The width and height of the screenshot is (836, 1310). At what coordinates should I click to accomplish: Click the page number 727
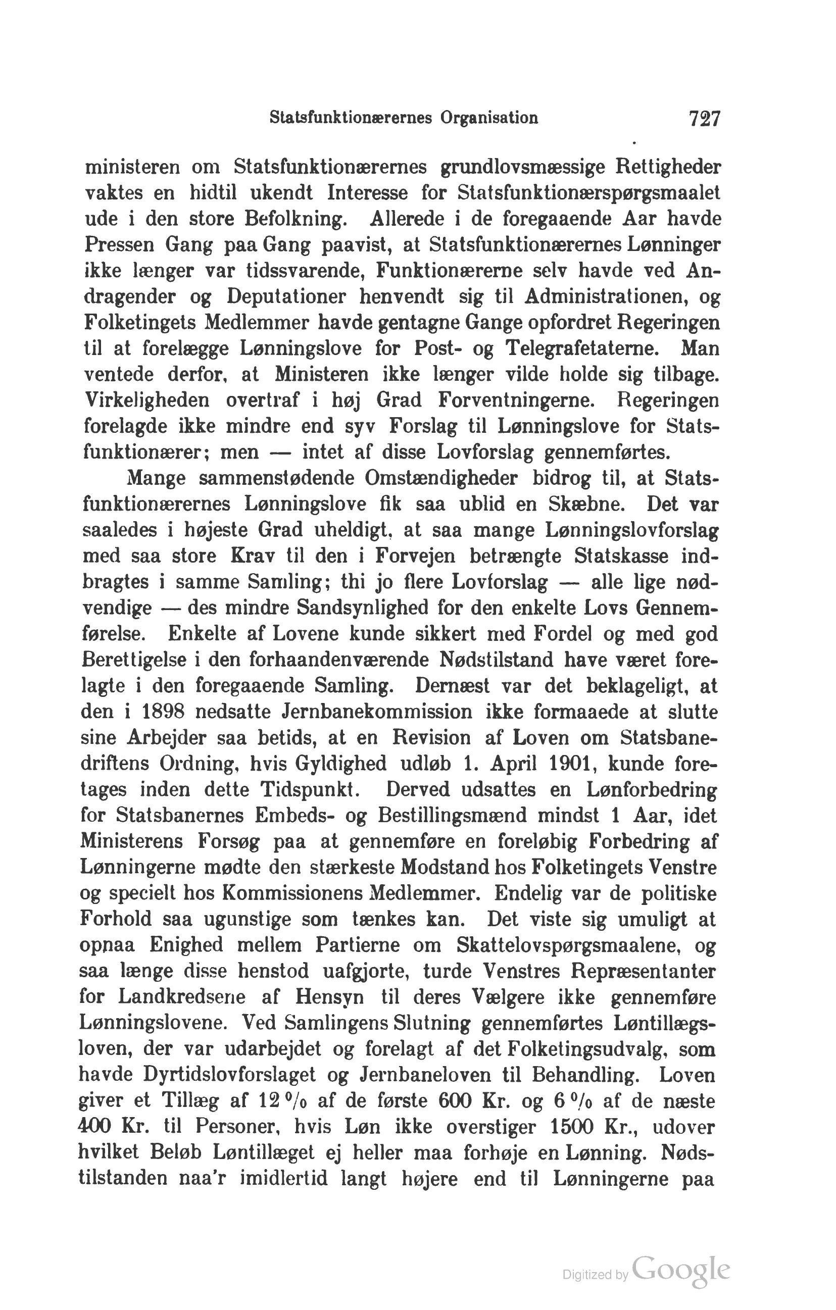[x=704, y=118]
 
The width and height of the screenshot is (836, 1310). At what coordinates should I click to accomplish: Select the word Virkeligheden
[x=147, y=400]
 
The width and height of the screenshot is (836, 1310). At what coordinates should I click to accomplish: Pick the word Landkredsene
[x=182, y=998]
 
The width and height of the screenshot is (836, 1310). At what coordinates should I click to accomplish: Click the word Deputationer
[x=286, y=296]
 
